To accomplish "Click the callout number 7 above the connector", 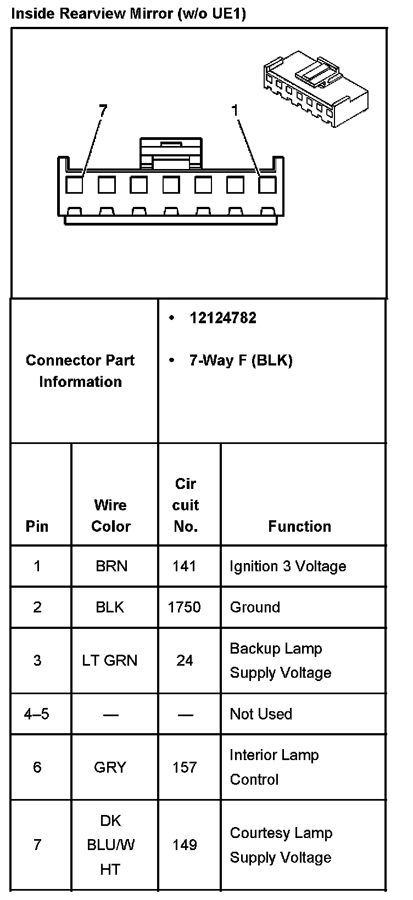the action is pyautogui.click(x=102, y=111).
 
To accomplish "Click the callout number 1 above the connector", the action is pyautogui.click(x=235, y=111).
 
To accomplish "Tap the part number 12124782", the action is pyautogui.click(x=222, y=318).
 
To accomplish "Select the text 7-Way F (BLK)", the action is pyautogui.click(x=241, y=361).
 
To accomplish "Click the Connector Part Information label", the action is pyautogui.click(x=80, y=371).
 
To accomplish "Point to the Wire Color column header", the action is pyautogui.click(x=110, y=515).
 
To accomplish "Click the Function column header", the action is pyautogui.click(x=299, y=526).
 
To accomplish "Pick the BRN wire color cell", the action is pyautogui.click(x=111, y=566).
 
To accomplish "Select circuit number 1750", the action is pyautogui.click(x=184, y=607).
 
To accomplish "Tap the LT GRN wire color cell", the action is pyautogui.click(x=110, y=660).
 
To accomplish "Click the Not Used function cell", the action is pyautogui.click(x=260, y=714).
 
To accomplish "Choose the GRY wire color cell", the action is pyautogui.click(x=110, y=767).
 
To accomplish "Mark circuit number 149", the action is pyautogui.click(x=184, y=845).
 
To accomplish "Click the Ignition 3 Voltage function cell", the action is pyautogui.click(x=288, y=566).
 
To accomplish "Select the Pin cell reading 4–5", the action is pyautogui.click(x=37, y=714).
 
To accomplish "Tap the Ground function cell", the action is pyautogui.click(x=255, y=607).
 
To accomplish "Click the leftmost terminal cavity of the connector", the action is pyautogui.click(x=74, y=185).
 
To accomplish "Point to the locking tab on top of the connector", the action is pyautogui.click(x=171, y=153).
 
